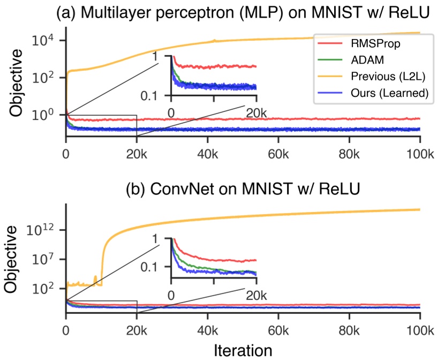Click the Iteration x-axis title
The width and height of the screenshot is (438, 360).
pos(243,349)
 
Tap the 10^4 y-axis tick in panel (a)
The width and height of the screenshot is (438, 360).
pos(41,41)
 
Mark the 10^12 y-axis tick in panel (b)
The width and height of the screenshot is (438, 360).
pos(41,230)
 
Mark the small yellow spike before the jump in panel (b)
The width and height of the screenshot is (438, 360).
pos(95,277)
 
